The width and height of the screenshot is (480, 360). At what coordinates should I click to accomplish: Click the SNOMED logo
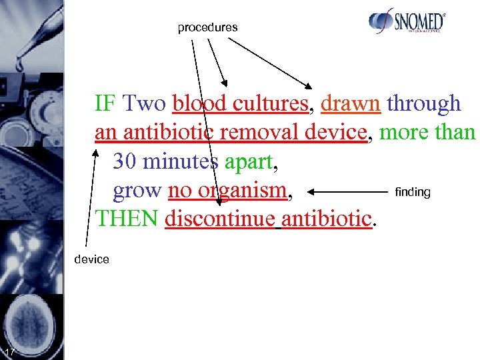pos(407,22)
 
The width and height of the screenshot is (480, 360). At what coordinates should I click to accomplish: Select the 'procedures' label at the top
pos(207,27)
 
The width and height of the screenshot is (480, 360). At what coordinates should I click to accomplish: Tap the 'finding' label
pos(413,192)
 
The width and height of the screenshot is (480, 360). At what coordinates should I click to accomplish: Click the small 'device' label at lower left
pos(92,259)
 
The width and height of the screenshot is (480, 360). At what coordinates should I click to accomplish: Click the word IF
pos(104,104)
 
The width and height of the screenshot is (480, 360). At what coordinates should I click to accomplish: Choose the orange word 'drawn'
pos(351,104)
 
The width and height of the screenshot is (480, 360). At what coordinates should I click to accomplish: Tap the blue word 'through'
pos(424,104)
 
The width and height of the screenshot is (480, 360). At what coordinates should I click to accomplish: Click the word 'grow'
pos(137,191)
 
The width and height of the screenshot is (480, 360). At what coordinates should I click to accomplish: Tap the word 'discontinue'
pos(220,219)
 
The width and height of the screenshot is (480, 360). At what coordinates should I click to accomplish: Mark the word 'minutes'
pos(181,161)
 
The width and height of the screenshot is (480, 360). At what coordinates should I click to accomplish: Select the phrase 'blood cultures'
pos(240,104)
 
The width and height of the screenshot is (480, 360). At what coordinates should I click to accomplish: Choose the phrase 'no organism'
pos(227,191)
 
